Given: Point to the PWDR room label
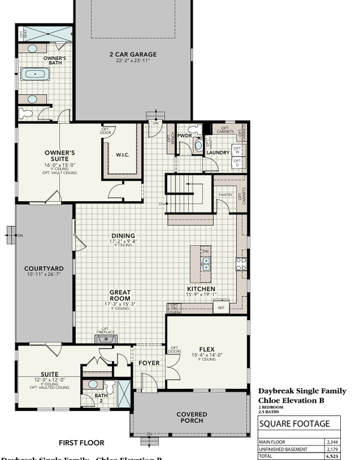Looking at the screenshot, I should (x=184, y=135).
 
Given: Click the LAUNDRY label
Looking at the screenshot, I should (x=218, y=153).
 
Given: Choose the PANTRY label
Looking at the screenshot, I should (x=225, y=195).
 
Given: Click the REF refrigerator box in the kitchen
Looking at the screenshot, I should (x=220, y=307).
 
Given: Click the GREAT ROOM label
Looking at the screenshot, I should (x=120, y=295).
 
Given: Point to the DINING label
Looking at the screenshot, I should (x=123, y=235).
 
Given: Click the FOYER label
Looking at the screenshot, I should (x=149, y=363).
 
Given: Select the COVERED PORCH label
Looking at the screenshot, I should (x=192, y=417).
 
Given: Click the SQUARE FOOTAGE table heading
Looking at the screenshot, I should (x=294, y=423).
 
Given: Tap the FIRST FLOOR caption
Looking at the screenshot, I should (x=81, y=443).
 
